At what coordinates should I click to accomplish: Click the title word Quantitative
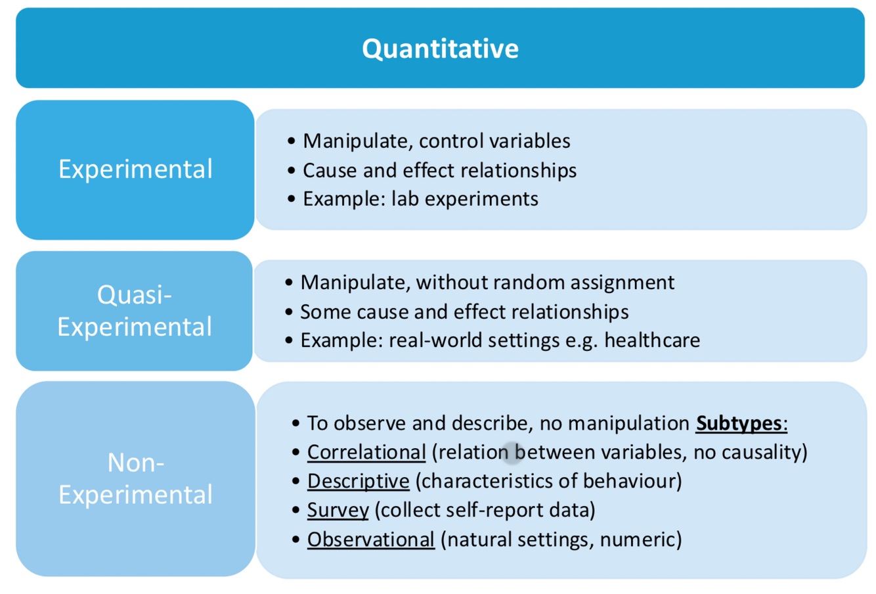point(441,49)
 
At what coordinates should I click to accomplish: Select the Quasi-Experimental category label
point(135,311)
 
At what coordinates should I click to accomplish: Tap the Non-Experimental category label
point(136,478)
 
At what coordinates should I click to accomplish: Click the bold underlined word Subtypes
point(739,423)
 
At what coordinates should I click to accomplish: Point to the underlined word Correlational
point(366,452)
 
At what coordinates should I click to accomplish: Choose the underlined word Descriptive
point(359,481)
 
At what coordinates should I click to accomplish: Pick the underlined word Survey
point(338,511)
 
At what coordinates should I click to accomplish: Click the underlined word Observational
point(371,539)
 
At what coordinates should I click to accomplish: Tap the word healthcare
point(652,340)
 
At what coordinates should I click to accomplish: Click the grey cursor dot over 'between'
point(512,453)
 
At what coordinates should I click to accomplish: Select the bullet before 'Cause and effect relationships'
point(291,171)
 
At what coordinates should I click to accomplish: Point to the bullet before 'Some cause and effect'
point(289,312)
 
